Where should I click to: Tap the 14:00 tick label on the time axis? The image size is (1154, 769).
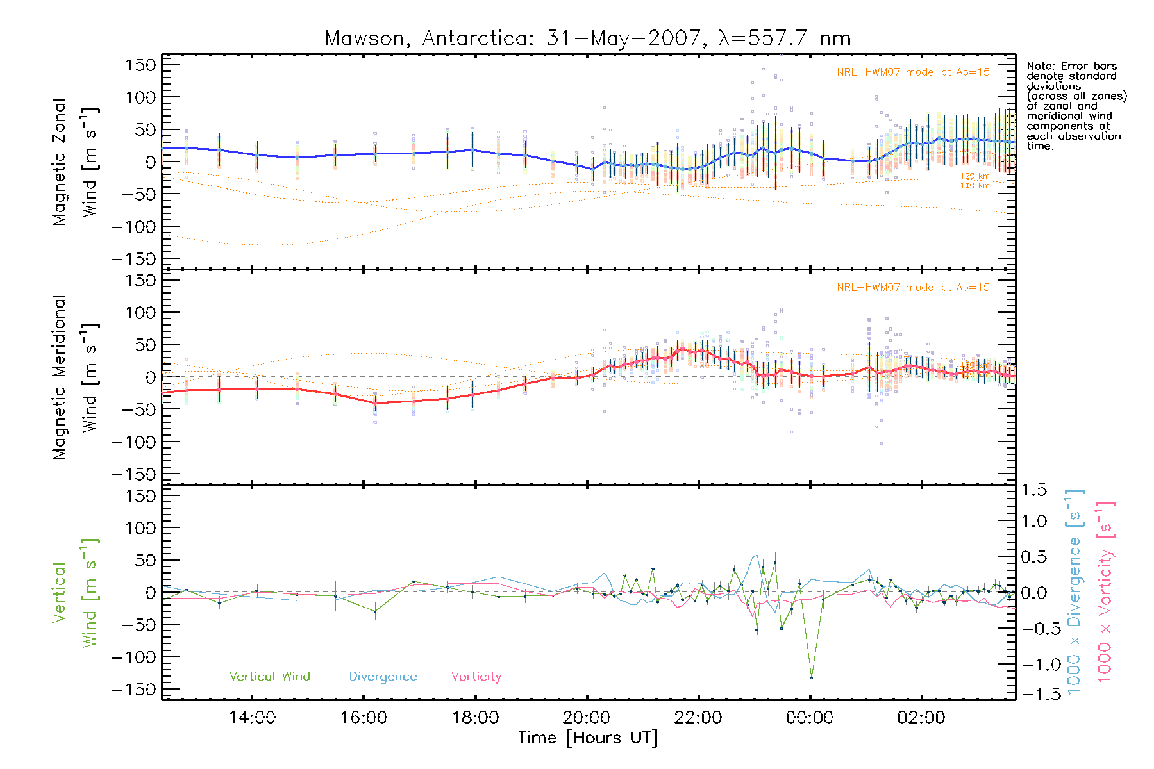(252, 718)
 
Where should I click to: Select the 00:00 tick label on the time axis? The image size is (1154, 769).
(810, 718)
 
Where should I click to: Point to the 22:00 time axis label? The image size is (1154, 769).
(698, 718)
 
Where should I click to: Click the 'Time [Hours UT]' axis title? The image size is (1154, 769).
(588, 738)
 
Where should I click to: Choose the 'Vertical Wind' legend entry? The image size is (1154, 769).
(269, 677)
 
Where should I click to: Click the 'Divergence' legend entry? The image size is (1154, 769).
(383, 677)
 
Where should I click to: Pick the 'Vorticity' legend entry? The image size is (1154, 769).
(476, 677)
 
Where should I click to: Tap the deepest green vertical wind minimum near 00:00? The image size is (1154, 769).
(811, 678)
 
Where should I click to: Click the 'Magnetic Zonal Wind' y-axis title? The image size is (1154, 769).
(76, 161)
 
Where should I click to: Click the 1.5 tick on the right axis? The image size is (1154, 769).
(1033, 490)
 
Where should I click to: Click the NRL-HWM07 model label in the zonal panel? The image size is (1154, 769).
(913, 72)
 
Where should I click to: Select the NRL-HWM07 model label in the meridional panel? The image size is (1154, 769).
(913, 288)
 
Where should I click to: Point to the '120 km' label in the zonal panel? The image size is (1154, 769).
(974, 176)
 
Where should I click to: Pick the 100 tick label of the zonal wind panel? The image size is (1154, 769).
(140, 97)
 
